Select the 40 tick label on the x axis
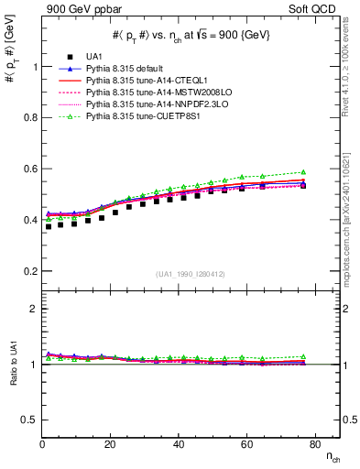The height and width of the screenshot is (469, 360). click(178, 444)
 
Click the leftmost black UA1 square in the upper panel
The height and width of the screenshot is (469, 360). click(48, 226)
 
